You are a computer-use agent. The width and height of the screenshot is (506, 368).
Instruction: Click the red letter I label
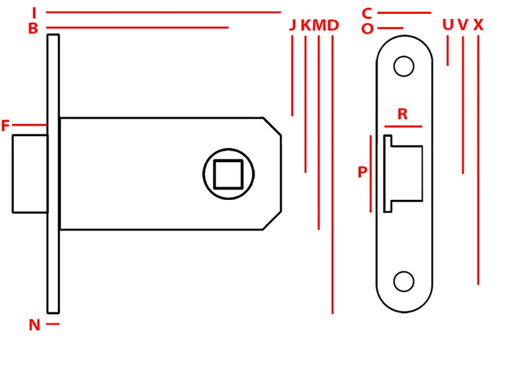click(x=34, y=13)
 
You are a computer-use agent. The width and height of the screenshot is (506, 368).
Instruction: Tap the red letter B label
click(x=33, y=28)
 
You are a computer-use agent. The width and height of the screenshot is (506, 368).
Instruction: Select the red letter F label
click(x=6, y=125)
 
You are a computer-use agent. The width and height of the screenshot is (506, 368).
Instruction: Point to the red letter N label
click(x=35, y=325)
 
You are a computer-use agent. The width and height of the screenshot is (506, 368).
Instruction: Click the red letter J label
click(x=292, y=25)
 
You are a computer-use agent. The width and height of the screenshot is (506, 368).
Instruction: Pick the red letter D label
click(x=333, y=25)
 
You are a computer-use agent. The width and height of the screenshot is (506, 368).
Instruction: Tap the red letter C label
click(x=367, y=13)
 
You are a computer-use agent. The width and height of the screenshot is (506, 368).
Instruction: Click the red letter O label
click(x=367, y=29)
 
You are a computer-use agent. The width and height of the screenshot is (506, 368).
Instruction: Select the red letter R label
click(x=402, y=114)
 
